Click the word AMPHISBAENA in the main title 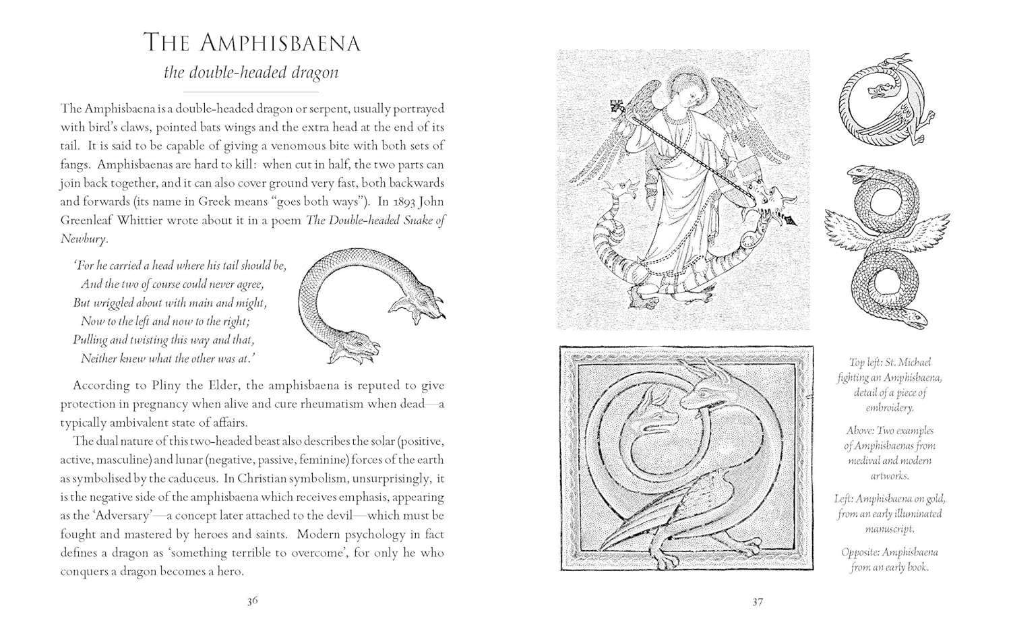click(x=279, y=43)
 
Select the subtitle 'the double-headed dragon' click(x=251, y=72)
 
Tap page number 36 click(x=252, y=601)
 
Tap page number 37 click(x=758, y=601)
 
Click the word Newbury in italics click(x=83, y=238)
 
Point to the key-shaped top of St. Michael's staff click(x=617, y=107)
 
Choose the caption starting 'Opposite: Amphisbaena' click(x=890, y=560)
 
